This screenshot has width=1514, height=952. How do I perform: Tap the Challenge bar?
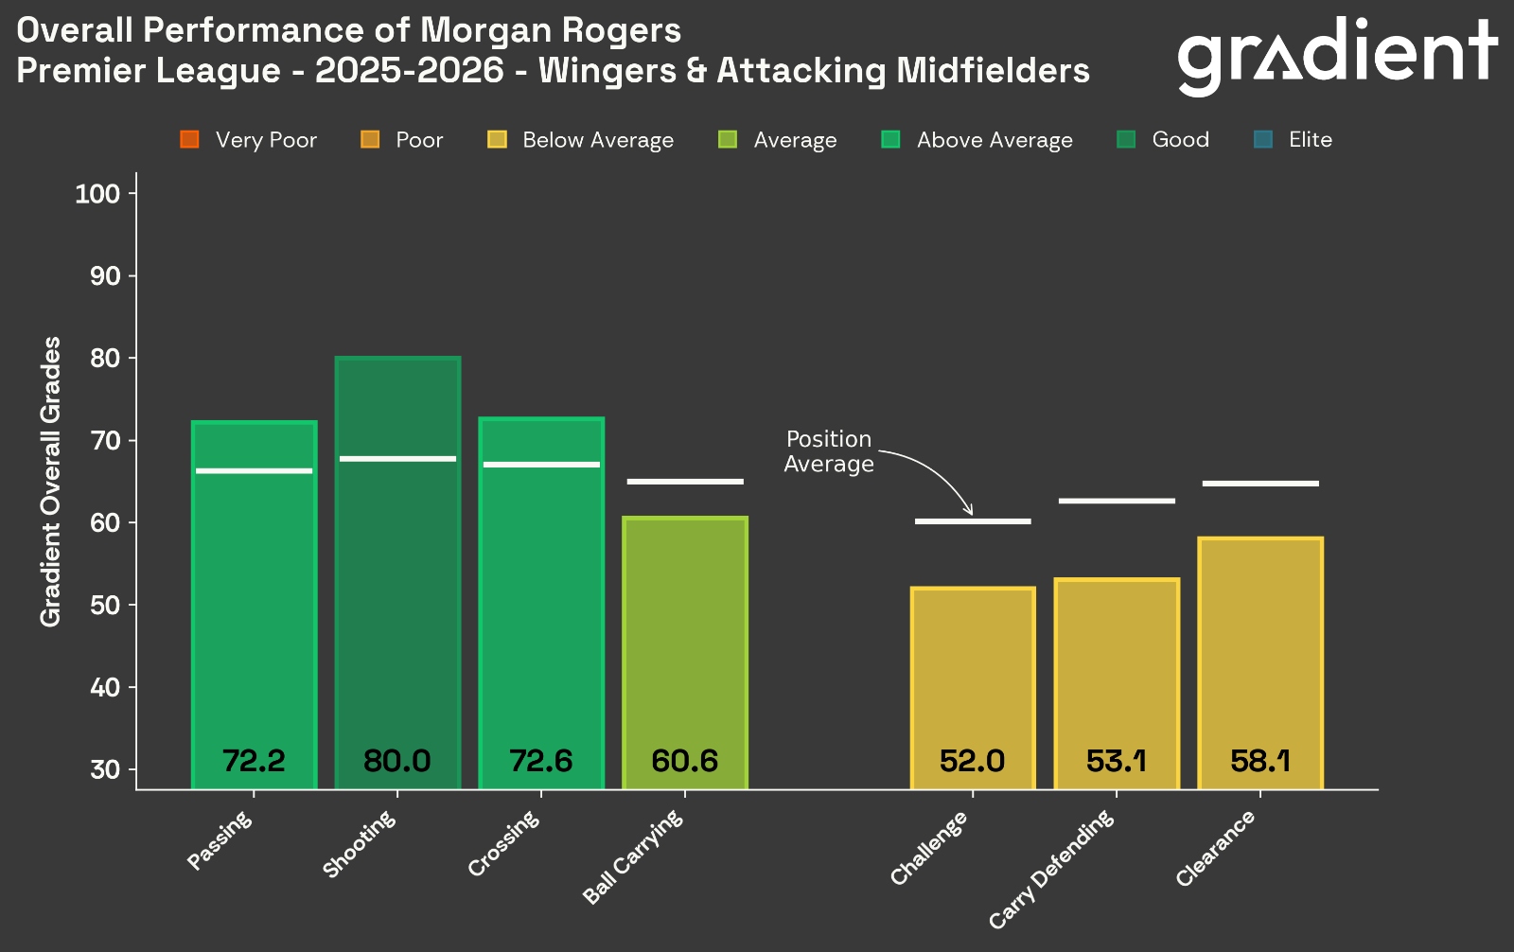tap(973, 681)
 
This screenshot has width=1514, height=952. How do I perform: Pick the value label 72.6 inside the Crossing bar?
tap(541, 761)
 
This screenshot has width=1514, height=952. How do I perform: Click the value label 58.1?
tap(1260, 761)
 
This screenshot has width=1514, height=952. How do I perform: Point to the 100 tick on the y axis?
tap(97, 194)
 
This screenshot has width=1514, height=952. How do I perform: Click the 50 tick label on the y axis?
tap(105, 605)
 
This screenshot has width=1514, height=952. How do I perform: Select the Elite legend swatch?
tap(1262, 140)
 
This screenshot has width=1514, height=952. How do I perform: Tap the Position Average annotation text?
tap(829, 451)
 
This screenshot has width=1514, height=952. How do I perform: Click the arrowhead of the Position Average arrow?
tap(968, 511)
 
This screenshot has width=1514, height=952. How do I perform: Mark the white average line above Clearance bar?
tap(1260, 484)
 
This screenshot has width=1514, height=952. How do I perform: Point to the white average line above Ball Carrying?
tap(685, 482)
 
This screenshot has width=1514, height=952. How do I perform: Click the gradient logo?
tap(1336, 55)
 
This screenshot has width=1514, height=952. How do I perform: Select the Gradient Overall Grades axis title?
tap(50, 481)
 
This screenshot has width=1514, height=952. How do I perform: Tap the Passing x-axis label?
tap(220, 840)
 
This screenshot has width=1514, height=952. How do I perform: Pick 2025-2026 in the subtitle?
tap(410, 71)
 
